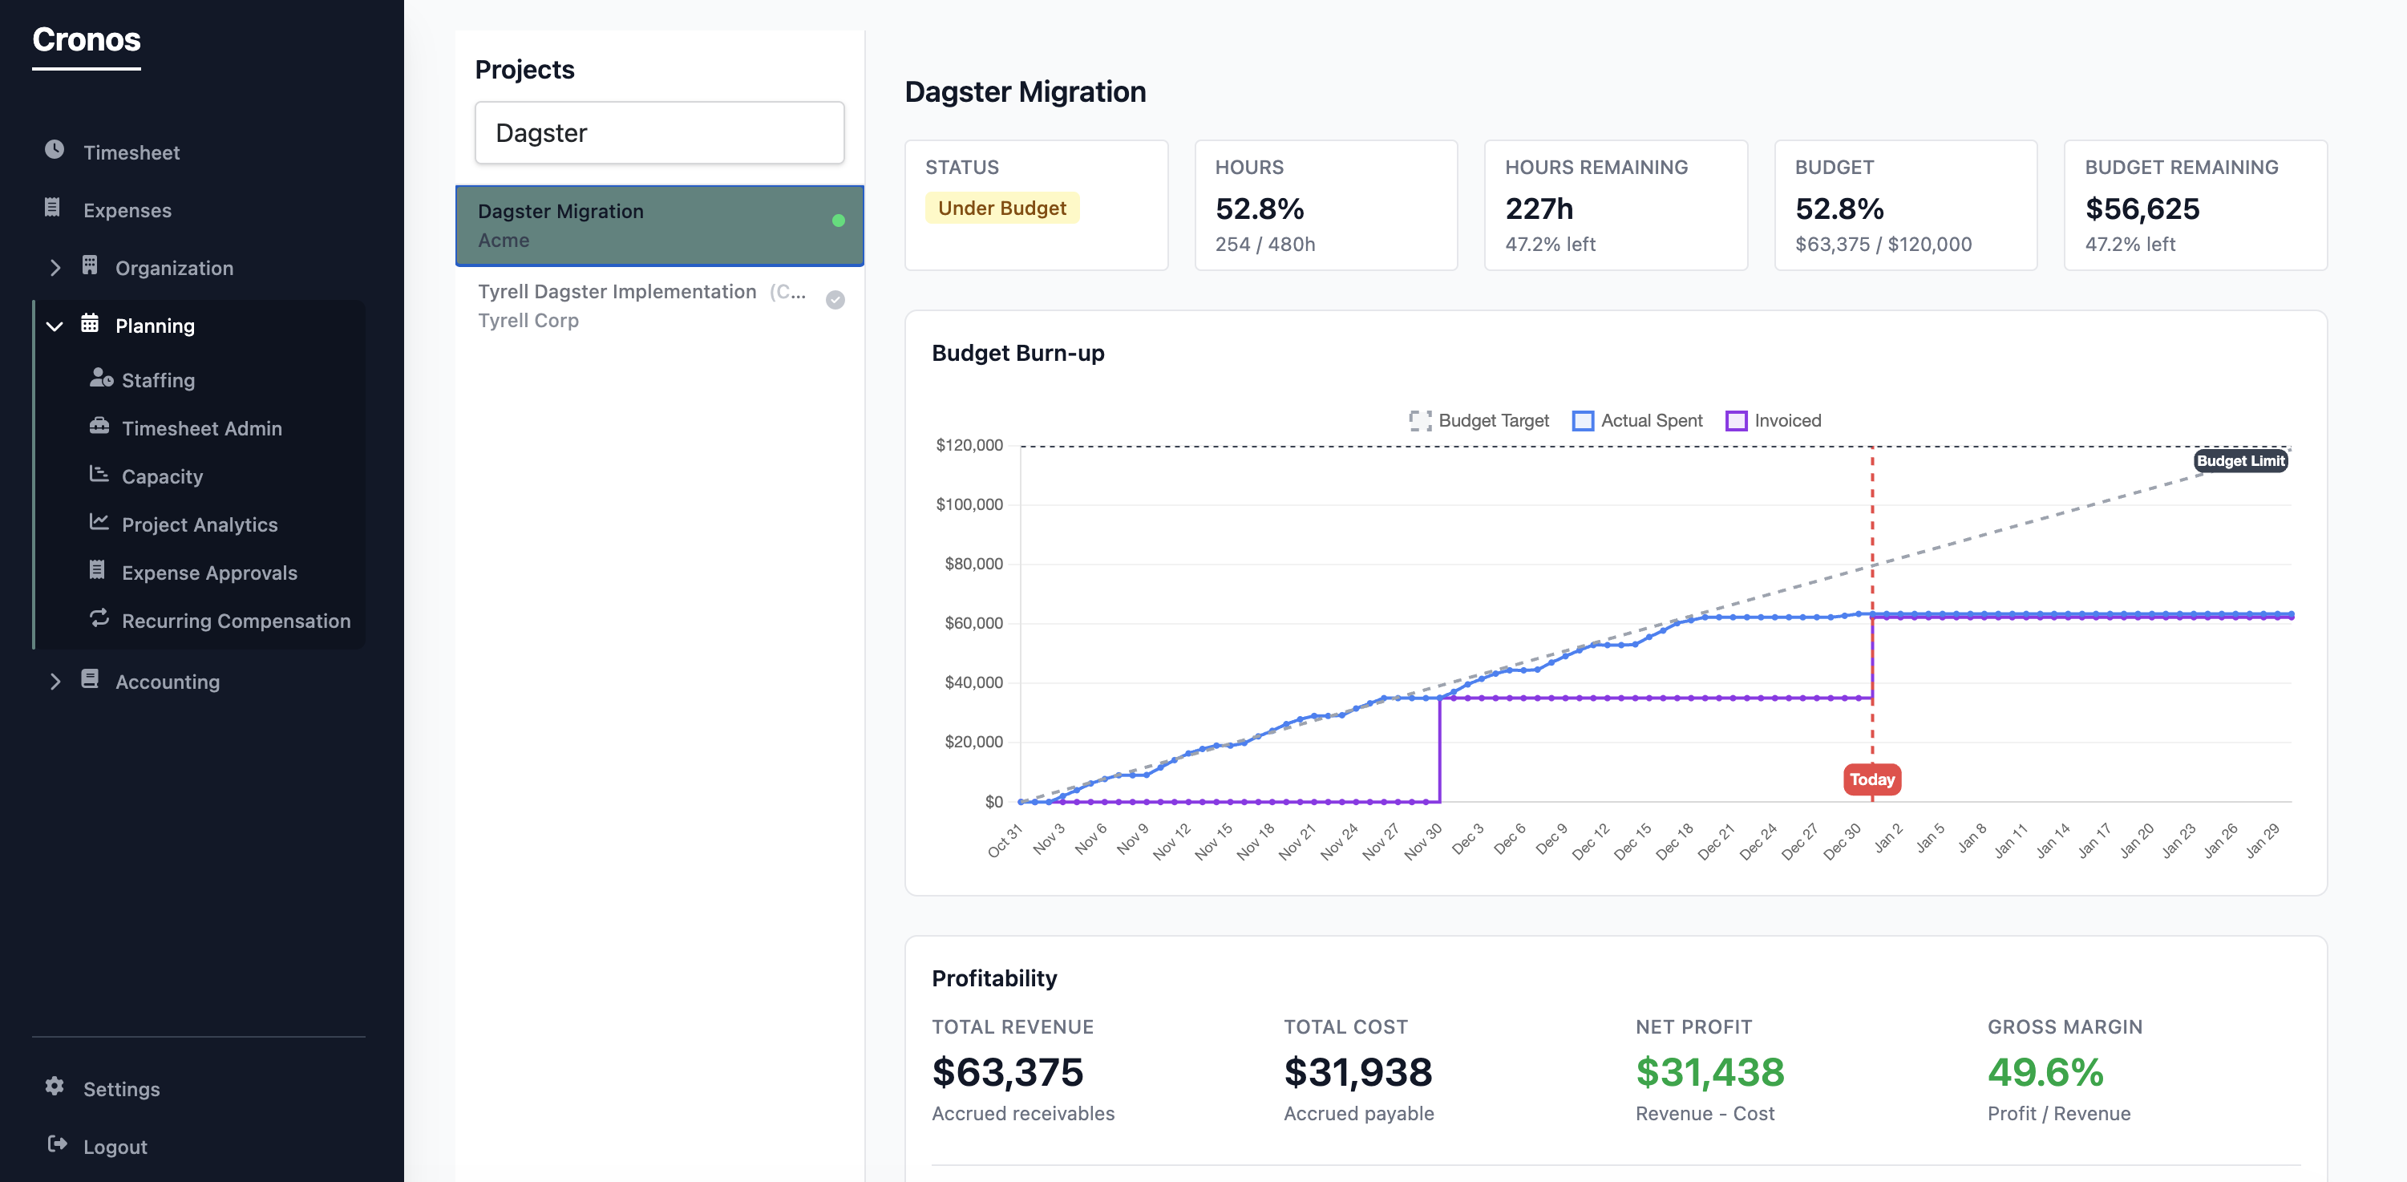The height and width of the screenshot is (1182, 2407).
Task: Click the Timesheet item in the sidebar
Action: pyautogui.click(x=131, y=152)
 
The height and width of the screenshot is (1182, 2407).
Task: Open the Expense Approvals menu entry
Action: pyautogui.click(x=208, y=573)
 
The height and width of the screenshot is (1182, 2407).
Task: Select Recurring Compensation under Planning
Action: pyautogui.click(x=236, y=621)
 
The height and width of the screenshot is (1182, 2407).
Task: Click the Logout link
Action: pyautogui.click(x=114, y=1147)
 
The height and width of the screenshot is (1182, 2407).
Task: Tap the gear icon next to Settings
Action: pyautogui.click(x=55, y=1087)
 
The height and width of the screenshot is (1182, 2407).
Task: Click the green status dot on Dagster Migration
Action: pyautogui.click(x=838, y=221)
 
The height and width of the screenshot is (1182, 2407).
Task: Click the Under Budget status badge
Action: pyautogui.click(x=1001, y=208)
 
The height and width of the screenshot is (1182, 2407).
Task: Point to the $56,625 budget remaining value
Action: pyautogui.click(x=2142, y=209)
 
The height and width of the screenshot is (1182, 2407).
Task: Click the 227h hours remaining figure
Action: pyautogui.click(x=1538, y=209)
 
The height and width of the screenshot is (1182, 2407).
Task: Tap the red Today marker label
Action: pyautogui.click(x=1871, y=779)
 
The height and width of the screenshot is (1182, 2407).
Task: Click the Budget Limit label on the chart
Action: pyautogui.click(x=2239, y=460)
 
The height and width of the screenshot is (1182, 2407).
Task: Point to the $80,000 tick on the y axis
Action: pyautogui.click(x=973, y=564)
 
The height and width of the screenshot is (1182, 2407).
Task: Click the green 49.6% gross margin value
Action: pyautogui.click(x=2045, y=1073)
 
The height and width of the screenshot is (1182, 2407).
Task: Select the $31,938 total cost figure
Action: pyautogui.click(x=1357, y=1073)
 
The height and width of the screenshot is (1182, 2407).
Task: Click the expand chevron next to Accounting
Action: pyautogui.click(x=55, y=682)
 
